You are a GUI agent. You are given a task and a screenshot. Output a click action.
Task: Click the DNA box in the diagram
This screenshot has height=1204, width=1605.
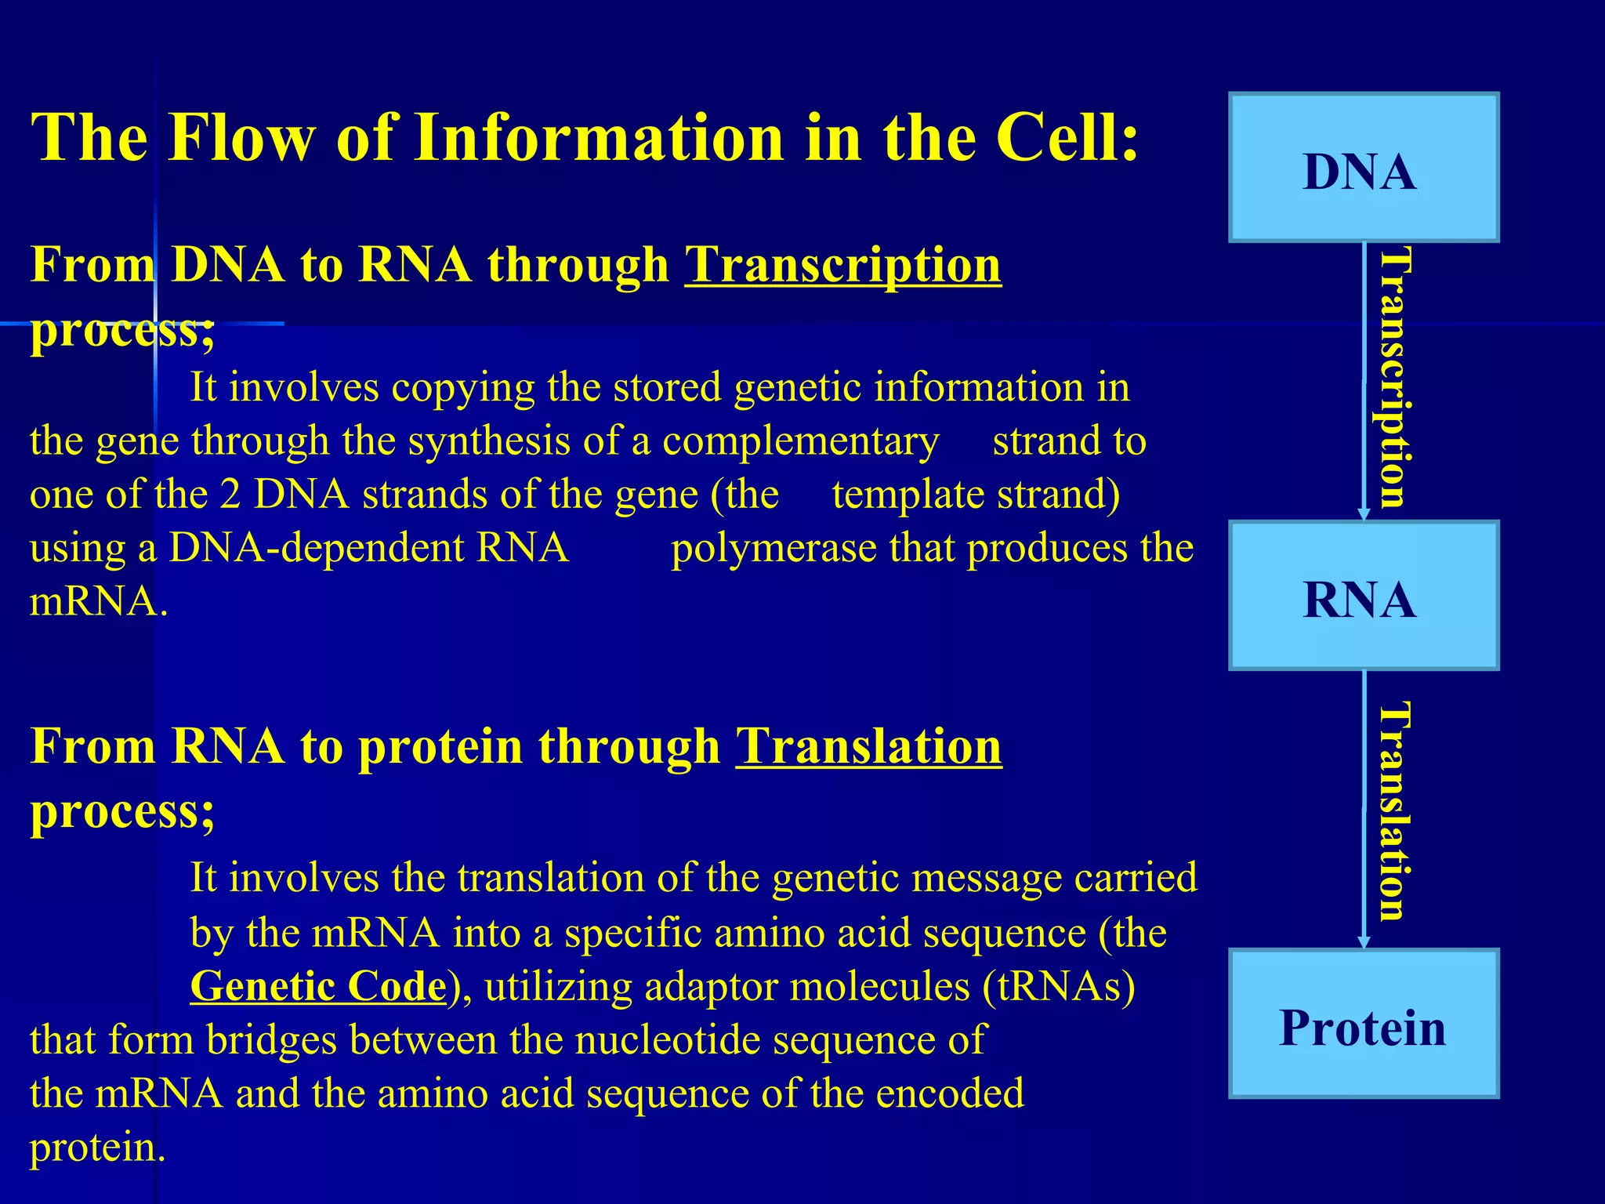pos(1363,167)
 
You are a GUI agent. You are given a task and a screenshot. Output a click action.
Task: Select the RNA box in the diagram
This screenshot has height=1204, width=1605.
pos(1363,596)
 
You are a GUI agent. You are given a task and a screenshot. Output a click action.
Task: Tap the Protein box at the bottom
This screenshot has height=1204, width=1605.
pos(1363,1024)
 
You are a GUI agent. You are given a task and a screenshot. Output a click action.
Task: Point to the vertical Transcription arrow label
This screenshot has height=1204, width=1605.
pos(1395,378)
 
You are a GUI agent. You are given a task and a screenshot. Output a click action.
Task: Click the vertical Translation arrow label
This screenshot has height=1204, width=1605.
pos(1395,811)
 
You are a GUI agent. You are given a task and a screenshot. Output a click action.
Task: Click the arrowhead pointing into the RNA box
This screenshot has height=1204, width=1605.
pos(1364,514)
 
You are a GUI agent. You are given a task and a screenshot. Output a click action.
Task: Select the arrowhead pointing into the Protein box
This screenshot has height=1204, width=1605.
pos(1364,941)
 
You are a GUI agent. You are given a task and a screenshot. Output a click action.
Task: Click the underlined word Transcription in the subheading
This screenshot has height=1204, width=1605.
pos(842,265)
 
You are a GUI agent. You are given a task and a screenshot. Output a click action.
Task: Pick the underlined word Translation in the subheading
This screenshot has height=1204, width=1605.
pos(868,745)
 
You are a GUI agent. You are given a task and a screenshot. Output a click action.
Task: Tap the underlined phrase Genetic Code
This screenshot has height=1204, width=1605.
pos(318,986)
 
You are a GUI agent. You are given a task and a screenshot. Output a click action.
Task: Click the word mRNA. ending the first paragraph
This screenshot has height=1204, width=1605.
pos(99,602)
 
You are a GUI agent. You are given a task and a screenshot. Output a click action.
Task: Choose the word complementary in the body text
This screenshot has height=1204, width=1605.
pos(800,441)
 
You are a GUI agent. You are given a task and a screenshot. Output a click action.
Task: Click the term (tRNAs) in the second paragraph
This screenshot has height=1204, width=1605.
pos(1059,986)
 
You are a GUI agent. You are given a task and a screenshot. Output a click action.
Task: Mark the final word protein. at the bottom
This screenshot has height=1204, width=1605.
pos(97,1148)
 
